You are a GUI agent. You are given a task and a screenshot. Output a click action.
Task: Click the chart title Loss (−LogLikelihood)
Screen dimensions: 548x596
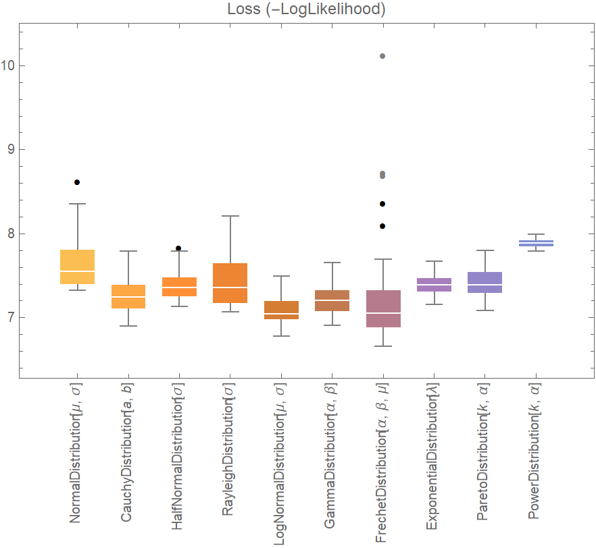[x=298, y=9]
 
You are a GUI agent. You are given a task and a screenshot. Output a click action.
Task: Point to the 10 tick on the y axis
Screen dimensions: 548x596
[x=9, y=66]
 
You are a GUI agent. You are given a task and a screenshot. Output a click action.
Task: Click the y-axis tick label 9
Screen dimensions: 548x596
[x=11, y=150]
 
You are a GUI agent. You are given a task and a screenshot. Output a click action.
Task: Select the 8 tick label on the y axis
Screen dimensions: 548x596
[x=11, y=234]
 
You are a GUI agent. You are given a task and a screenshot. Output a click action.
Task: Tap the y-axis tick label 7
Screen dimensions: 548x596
[x=11, y=318]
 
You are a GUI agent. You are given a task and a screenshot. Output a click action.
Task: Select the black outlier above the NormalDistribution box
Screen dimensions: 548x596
[x=77, y=182]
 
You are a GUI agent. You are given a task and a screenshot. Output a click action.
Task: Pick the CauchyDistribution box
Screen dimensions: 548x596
[x=128, y=296]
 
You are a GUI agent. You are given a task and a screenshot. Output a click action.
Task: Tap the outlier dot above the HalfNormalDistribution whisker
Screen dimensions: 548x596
[x=178, y=248]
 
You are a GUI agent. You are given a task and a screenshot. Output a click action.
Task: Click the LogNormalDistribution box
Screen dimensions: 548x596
[x=281, y=310]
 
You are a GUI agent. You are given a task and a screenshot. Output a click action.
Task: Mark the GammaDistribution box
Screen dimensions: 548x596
[x=332, y=300]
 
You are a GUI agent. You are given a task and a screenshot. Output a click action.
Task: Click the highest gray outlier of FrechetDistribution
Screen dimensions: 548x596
[x=382, y=56]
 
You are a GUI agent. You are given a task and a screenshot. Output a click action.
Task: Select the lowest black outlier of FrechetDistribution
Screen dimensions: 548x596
[x=382, y=226]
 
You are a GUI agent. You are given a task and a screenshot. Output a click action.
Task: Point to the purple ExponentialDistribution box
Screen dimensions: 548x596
[x=434, y=285]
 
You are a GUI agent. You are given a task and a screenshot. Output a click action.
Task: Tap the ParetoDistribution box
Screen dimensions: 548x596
[x=485, y=282]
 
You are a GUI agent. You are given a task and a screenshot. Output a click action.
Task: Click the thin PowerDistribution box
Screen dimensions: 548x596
[x=536, y=243]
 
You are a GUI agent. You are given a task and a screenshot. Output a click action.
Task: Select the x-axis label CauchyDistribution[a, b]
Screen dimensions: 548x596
[x=126, y=458]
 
